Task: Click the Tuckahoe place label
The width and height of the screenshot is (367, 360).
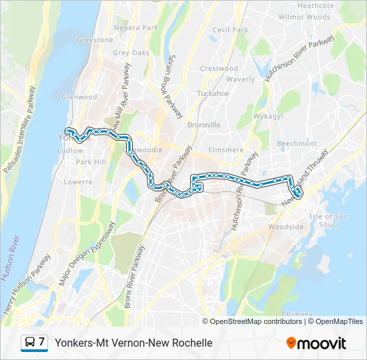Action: (x=213, y=93)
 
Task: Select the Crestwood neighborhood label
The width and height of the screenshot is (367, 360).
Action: (x=219, y=69)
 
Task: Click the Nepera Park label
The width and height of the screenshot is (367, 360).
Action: (x=135, y=28)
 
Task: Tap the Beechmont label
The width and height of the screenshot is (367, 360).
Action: (x=296, y=143)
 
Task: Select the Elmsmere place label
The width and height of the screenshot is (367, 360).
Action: (x=226, y=150)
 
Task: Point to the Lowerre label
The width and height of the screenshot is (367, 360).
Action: (x=78, y=181)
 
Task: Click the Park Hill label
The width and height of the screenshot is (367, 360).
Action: (x=91, y=162)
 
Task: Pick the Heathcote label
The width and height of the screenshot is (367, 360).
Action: (x=316, y=6)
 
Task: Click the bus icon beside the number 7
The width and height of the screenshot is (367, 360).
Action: (x=30, y=343)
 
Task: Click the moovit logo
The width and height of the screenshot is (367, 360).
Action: (x=316, y=343)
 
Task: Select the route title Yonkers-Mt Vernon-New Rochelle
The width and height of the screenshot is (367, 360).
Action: (x=133, y=343)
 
